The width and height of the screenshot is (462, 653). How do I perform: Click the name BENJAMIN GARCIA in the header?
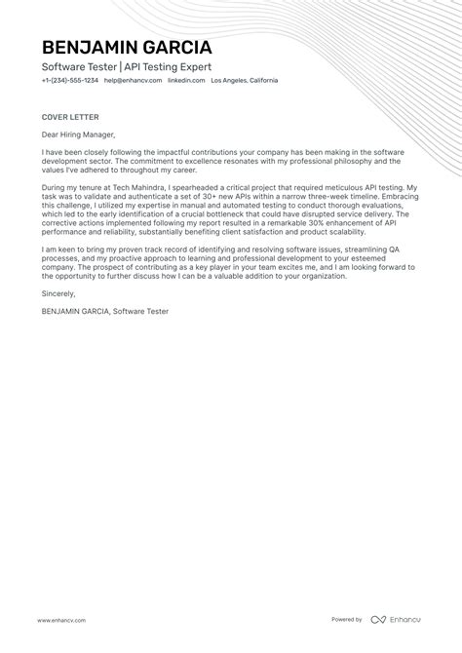click(127, 48)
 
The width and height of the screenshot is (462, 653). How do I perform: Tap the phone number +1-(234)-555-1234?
click(69, 81)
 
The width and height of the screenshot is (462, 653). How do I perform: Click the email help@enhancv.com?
click(133, 81)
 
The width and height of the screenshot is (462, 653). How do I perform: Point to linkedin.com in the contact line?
click(186, 81)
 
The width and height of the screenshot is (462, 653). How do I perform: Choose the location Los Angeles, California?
click(245, 81)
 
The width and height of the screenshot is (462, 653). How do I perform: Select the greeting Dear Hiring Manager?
click(78, 134)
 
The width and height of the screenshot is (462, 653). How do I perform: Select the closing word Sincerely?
click(58, 291)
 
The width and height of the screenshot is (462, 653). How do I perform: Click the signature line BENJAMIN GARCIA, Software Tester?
click(105, 311)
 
